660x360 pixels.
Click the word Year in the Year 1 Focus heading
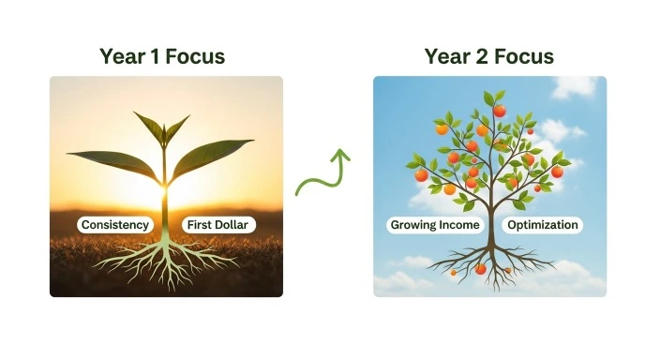[123, 56]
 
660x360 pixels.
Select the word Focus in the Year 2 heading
[527, 56]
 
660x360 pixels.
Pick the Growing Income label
[434, 225]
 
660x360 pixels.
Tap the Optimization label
[543, 225]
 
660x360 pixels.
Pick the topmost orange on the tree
[500, 111]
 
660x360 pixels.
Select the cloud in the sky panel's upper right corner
[574, 87]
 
